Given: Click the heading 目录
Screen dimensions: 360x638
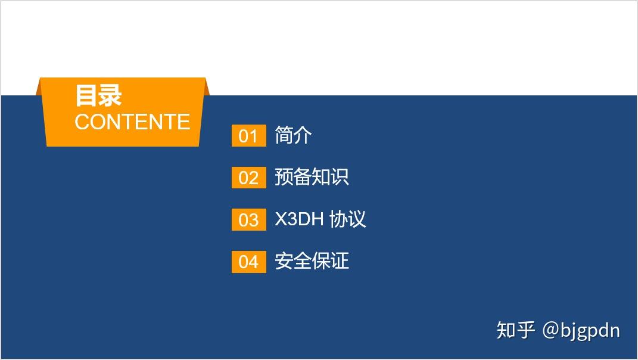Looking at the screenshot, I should pyautogui.click(x=98, y=96).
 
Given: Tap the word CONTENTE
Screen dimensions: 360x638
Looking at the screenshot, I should pyautogui.click(x=132, y=122).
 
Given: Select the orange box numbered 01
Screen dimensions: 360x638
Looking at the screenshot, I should pyautogui.click(x=248, y=136).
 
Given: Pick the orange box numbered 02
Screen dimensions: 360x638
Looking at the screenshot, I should pyautogui.click(x=248, y=178).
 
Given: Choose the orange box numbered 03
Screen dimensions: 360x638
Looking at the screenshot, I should pyautogui.click(x=248, y=220).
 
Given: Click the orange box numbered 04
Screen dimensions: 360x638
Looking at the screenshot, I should pyautogui.click(x=248, y=262).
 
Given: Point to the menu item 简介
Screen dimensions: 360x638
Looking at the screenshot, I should pyautogui.click(x=293, y=135).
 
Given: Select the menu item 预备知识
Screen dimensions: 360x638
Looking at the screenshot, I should pyautogui.click(x=312, y=177).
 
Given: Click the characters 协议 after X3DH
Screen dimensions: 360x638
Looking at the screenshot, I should pyautogui.click(x=347, y=219).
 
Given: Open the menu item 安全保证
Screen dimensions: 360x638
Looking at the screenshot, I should pyautogui.click(x=312, y=261).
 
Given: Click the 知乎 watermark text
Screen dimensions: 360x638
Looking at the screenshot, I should pyautogui.click(x=516, y=330).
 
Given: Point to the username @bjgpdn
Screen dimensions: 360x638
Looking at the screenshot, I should pyautogui.click(x=581, y=330).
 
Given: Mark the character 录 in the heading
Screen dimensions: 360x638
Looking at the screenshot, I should pyautogui.click(x=110, y=96).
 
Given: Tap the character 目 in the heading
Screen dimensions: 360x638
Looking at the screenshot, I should pyautogui.click(x=86, y=96).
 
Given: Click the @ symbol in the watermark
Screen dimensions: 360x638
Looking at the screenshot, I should pyautogui.click(x=550, y=330).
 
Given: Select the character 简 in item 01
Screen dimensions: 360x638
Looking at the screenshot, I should pyautogui.click(x=284, y=135).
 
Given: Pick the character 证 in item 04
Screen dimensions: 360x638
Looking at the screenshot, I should pyautogui.click(x=340, y=261).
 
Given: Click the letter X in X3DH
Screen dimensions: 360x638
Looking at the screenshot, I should pyautogui.click(x=281, y=219).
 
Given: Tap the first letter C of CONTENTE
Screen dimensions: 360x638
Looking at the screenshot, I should pyautogui.click(x=82, y=122).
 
